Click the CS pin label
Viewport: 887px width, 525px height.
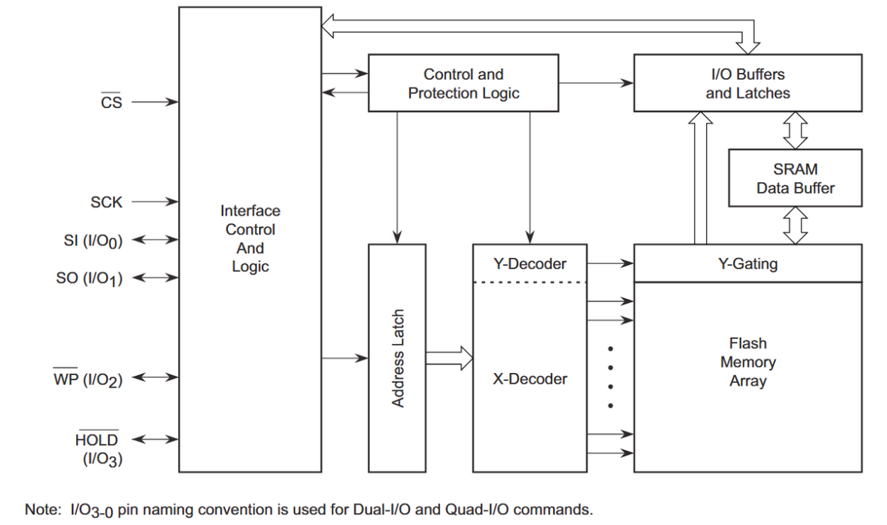tap(112, 102)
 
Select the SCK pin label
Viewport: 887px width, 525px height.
tap(107, 203)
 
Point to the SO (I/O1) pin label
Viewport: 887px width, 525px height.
tap(90, 278)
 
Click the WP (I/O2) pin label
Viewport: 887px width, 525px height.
tap(88, 379)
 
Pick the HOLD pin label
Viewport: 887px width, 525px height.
tap(97, 440)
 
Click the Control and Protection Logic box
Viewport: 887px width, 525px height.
tap(463, 83)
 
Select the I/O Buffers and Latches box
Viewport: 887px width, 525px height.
tap(747, 83)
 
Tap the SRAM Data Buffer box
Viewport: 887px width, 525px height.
tap(794, 178)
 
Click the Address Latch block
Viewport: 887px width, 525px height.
tap(398, 358)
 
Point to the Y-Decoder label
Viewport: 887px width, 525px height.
tap(530, 264)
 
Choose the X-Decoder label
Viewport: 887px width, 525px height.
tap(530, 379)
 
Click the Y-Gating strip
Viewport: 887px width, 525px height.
tap(747, 264)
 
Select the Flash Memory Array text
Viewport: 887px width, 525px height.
tap(747, 362)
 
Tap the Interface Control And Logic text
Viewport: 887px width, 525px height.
tap(250, 239)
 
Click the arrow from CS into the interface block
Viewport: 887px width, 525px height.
tap(155, 102)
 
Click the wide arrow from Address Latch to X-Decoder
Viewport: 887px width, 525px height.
tap(449, 358)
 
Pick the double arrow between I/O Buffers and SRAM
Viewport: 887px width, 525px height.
tap(795, 130)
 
